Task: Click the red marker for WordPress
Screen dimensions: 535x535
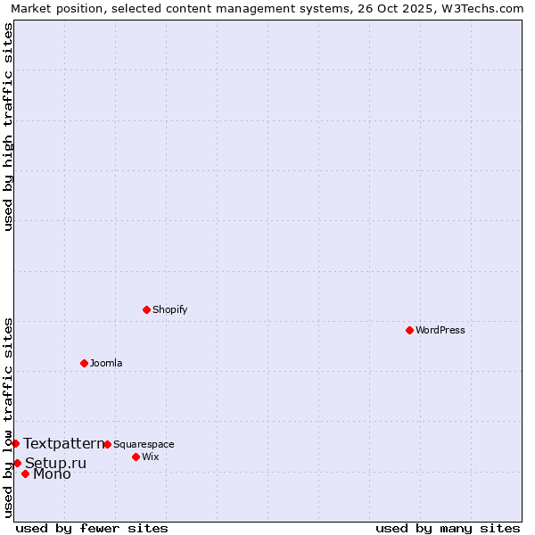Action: [409, 330]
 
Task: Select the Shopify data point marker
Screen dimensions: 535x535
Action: [146, 309]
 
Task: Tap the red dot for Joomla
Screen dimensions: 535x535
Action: [84, 363]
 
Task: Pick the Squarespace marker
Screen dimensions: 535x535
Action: [107, 444]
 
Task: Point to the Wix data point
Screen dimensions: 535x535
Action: [136, 457]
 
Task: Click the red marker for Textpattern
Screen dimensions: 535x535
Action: [15, 443]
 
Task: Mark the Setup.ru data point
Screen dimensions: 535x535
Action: [17, 463]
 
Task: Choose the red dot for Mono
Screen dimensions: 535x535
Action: [25, 473]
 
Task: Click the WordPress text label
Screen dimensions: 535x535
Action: [440, 330]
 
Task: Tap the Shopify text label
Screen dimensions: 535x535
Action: [170, 309]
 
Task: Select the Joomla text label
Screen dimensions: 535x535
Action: [106, 363]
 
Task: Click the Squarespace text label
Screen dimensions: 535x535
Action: [144, 444]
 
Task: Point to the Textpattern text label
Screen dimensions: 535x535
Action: [64, 443]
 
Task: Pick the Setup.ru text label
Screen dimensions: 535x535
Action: [56, 463]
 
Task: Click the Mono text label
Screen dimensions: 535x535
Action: [52, 473]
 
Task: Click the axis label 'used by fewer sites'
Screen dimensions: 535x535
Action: [92, 528]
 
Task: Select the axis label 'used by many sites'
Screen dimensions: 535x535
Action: [448, 528]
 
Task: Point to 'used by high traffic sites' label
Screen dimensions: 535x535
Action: [9, 127]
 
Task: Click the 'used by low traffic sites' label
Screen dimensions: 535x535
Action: [9, 417]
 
